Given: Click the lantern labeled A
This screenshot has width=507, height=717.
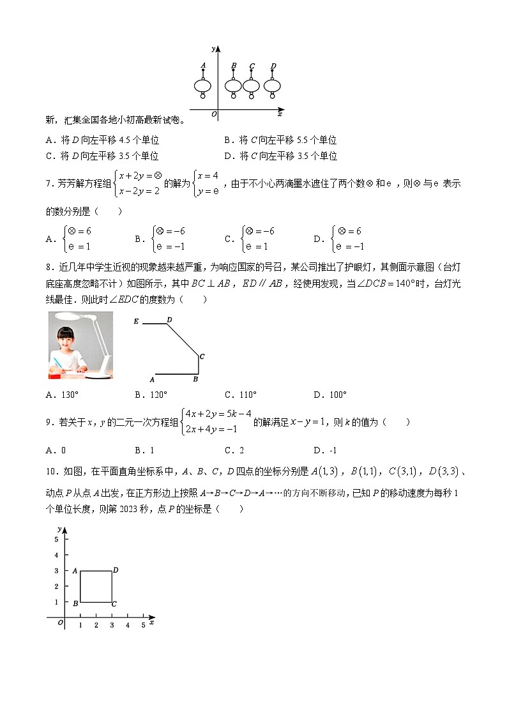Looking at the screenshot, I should point(203,86).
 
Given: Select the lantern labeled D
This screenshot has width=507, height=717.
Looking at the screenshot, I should point(273,86).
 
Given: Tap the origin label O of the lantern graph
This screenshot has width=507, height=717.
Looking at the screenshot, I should point(213,114).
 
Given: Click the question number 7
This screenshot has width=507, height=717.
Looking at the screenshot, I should point(48,184).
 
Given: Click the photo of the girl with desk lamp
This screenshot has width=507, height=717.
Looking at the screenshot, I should point(80,345).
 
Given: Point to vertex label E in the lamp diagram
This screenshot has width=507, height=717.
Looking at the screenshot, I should point(136,322).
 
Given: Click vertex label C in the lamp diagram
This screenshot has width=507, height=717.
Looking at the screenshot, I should point(202,356).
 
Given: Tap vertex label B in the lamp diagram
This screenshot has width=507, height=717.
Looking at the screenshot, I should point(195,379).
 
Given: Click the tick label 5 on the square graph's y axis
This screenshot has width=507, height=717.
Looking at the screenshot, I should point(57,540).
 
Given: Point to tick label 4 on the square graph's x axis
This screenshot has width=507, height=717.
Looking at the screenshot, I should point(128,626).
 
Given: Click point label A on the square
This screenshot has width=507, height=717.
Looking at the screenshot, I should point(75,571).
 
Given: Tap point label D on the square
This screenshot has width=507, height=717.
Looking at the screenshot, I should point(116,570).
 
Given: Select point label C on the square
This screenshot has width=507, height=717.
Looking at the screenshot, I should point(114,604).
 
